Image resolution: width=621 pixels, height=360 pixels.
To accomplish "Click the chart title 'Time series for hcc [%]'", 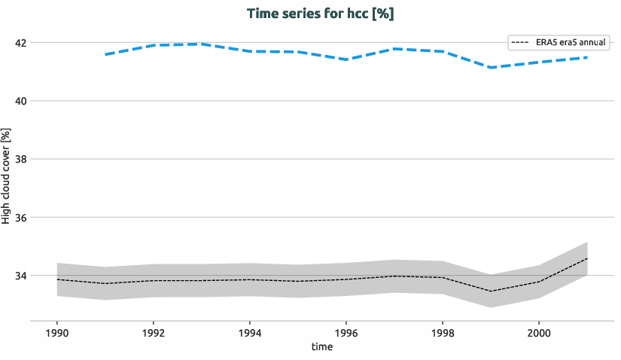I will pos(321,14).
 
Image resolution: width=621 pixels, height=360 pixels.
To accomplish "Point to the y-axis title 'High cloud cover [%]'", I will pos(7,175).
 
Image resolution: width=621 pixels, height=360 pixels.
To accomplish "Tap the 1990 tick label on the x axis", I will pos(57,332).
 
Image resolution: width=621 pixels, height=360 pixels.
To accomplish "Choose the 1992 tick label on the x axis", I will pos(154,332).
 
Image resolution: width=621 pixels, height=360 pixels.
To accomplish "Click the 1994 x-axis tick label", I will pos(250,332).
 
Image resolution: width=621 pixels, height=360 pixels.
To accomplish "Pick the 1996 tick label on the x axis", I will pos(346,332).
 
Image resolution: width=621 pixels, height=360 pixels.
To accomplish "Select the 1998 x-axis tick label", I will pos(443,332).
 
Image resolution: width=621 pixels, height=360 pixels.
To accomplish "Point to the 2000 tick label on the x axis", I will pos(538,332).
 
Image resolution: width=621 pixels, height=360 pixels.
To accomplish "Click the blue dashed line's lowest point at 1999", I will pos(491,68).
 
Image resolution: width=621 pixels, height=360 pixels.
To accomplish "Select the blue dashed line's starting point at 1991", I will pos(105,55).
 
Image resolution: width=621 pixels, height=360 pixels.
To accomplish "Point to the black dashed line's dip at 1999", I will pos(491,291).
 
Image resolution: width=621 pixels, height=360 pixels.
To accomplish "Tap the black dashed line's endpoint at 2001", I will pos(586,258).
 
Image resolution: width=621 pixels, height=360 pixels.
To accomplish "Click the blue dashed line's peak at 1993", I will pos(202,44).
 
